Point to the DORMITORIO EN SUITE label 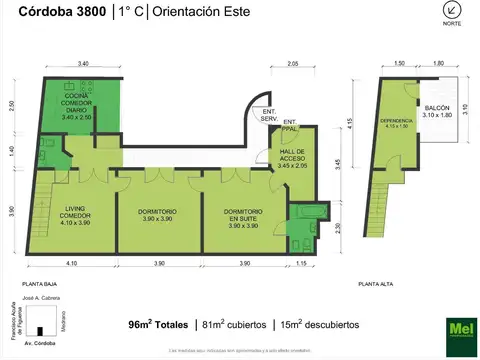(243, 218)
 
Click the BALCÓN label (436, 111)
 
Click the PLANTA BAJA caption (39, 284)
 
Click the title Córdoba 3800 (64, 12)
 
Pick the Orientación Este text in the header (199, 12)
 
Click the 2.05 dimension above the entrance (292, 64)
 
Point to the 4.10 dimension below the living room (71, 263)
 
